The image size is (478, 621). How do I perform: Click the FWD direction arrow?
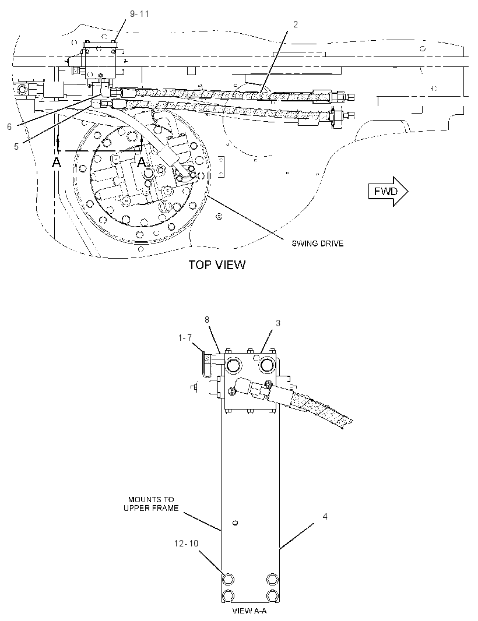coord(388,191)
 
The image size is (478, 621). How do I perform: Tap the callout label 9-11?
coord(139,14)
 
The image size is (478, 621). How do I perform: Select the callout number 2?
coord(296,24)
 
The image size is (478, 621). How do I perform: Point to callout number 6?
coord(9,127)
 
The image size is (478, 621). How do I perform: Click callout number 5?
coord(16,147)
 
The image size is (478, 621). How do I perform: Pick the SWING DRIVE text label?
coord(318,243)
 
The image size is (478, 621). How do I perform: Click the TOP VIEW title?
coord(217,264)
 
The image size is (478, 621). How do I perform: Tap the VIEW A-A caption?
coord(249,611)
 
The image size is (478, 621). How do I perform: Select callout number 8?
coord(207,320)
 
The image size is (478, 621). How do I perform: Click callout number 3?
coord(278,323)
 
